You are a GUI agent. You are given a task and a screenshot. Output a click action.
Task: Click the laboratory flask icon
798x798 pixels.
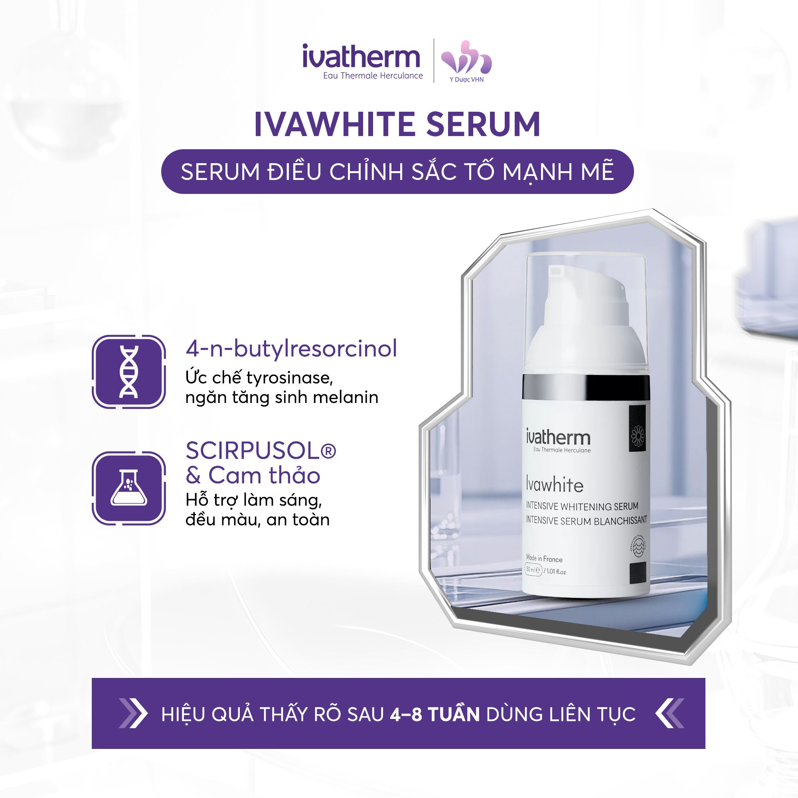tap(129, 489)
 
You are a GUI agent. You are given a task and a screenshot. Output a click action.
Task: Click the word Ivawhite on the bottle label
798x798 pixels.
tap(554, 484)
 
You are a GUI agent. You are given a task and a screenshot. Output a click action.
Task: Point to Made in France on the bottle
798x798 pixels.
tap(544, 559)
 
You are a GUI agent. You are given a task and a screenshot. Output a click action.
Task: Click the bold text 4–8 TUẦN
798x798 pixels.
tap(434, 714)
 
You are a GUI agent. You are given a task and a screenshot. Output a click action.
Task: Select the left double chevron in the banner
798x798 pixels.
tap(132, 713)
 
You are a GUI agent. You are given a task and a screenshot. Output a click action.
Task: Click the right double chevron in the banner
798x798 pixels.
tap(670, 713)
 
